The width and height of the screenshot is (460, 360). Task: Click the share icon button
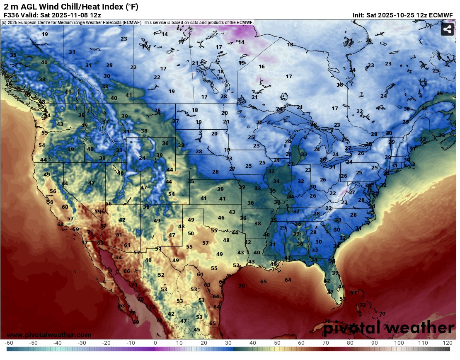point(447,29)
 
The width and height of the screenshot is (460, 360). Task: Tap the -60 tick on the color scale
point(8,343)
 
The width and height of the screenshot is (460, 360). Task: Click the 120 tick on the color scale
point(447,343)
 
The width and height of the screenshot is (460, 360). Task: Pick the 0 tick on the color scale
point(155,343)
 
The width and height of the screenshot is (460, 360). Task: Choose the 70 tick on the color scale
point(326,343)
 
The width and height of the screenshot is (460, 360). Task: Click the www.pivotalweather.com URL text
point(49,335)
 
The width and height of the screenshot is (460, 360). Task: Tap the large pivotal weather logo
point(388,328)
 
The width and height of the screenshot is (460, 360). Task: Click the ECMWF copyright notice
point(128,22)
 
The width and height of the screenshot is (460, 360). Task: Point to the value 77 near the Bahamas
point(382,314)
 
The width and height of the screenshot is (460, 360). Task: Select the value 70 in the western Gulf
point(241,286)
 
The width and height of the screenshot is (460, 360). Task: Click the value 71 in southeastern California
point(90,232)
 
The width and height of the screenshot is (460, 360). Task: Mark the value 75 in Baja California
point(141,299)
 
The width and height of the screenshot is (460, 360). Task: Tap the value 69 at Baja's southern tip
point(136,321)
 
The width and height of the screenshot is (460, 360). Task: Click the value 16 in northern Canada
point(261,67)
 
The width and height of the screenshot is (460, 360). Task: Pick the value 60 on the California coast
point(65,207)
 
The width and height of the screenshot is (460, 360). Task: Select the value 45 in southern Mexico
point(197,329)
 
